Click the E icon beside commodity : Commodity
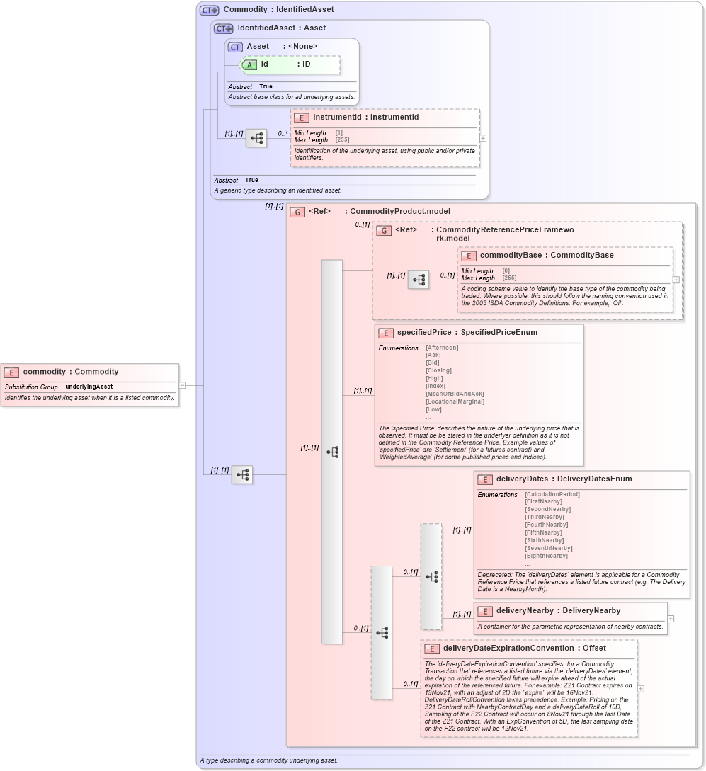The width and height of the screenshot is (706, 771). tap(12, 372)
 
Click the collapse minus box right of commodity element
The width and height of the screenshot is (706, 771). tap(182, 386)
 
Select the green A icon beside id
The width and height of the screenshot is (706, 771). tap(249, 64)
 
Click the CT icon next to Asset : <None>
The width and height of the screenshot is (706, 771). tap(235, 47)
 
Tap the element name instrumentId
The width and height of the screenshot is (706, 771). tap(337, 118)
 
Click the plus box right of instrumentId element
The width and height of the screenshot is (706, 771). tap(483, 139)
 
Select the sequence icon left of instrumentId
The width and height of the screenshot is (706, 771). tap(256, 138)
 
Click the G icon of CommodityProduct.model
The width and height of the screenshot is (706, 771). tap(298, 212)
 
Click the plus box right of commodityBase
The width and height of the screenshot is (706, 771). tap(676, 280)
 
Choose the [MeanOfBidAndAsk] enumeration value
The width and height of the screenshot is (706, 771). tap(455, 394)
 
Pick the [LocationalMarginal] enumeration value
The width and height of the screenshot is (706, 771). tap(455, 401)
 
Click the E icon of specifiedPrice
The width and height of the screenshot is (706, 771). tap(386, 333)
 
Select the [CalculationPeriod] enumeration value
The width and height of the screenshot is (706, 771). tap(552, 494)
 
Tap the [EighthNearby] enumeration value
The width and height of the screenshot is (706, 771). tap(546, 556)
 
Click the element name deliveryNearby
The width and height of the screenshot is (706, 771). tap(524, 610)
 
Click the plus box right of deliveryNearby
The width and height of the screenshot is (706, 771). tap(671, 619)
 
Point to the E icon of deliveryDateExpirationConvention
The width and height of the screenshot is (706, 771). tap(432, 649)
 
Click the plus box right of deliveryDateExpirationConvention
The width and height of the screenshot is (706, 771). tap(641, 688)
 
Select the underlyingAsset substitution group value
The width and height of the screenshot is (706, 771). tap(89, 387)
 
